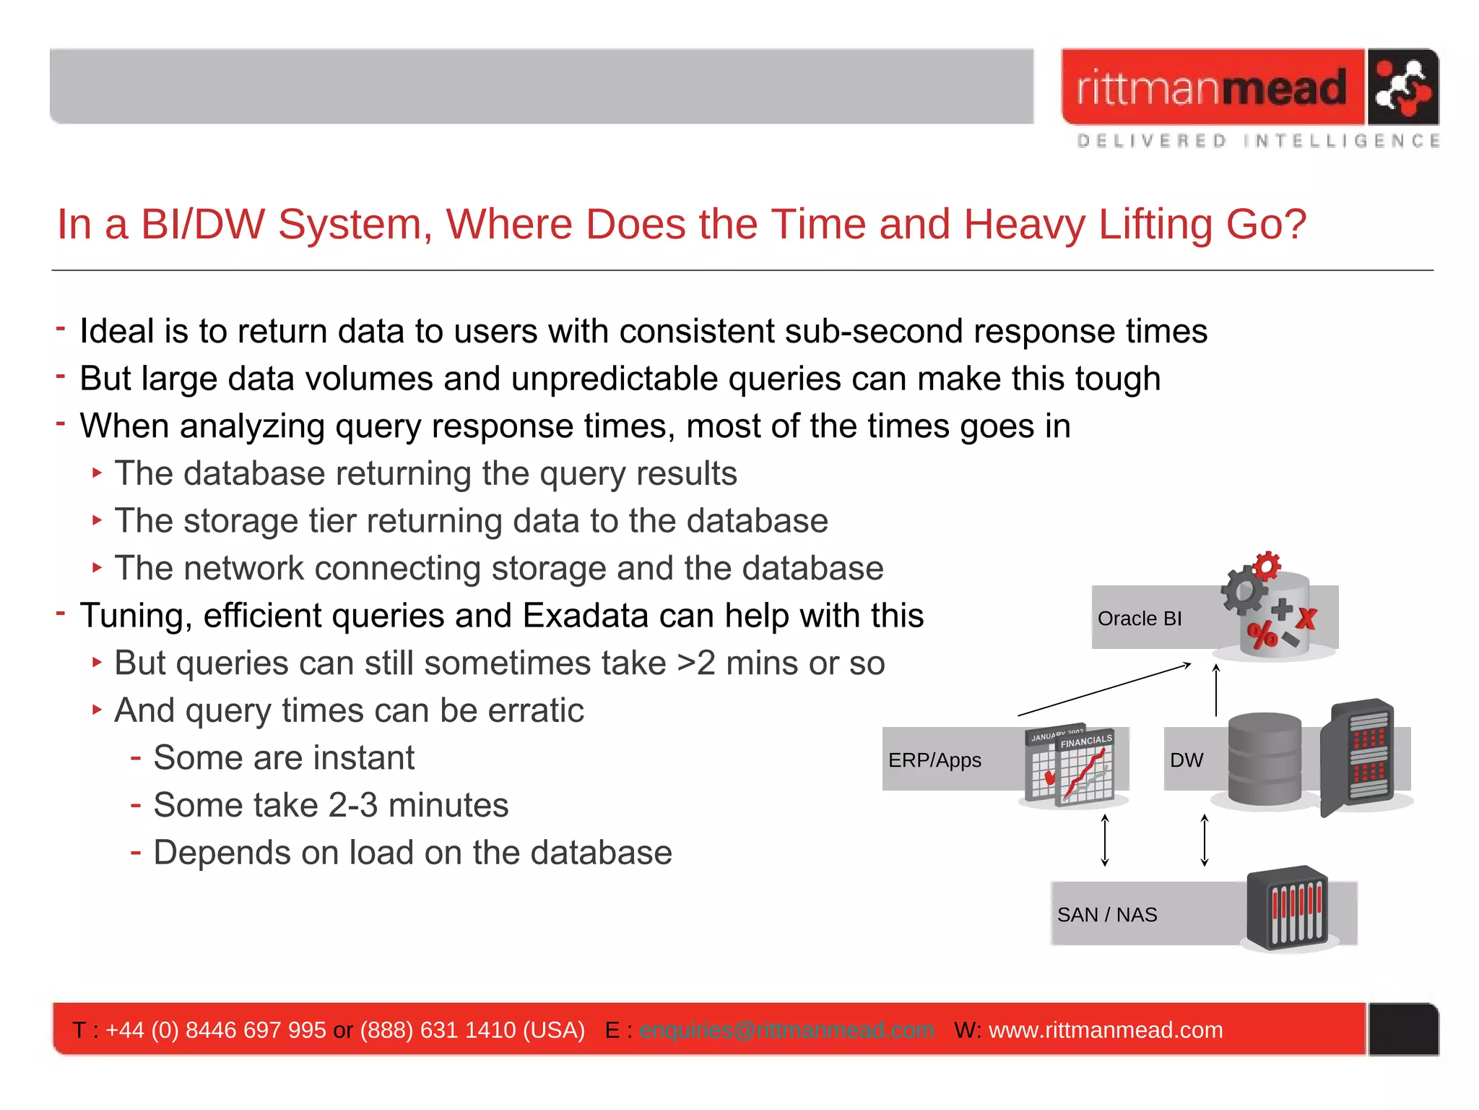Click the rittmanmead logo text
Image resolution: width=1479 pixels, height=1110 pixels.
tap(1212, 88)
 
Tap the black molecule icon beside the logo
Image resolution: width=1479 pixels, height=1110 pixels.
tap(1402, 87)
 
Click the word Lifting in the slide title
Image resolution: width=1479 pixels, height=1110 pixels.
tap(1154, 224)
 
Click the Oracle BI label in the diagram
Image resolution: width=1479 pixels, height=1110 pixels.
tap(1139, 619)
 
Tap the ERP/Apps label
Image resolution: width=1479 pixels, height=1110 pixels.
tap(934, 760)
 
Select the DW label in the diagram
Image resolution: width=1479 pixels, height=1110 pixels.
tap(1187, 760)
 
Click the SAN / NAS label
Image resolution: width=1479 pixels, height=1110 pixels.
tap(1106, 915)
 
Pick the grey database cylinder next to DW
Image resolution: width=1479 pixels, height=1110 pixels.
tap(1265, 760)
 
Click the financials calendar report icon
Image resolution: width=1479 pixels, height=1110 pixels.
tap(1071, 766)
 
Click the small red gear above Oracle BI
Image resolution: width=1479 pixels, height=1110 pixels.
tap(1267, 566)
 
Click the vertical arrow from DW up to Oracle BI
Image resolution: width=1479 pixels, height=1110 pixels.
tap(1216, 690)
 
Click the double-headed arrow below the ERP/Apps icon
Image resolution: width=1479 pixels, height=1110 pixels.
tap(1105, 840)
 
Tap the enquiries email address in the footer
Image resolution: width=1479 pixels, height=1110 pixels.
tap(786, 1030)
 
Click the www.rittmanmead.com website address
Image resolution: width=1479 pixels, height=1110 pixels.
tap(1105, 1030)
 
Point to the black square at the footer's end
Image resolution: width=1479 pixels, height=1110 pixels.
tap(1403, 1030)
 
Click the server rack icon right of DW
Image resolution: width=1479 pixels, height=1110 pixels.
tap(1358, 757)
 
